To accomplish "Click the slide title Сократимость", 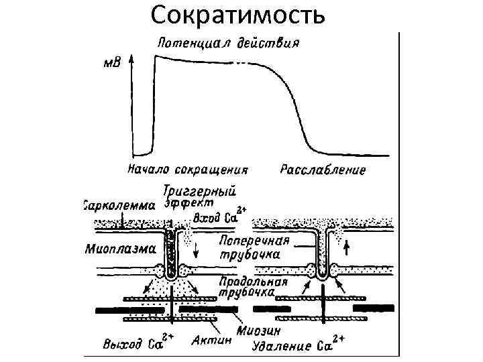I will tap(239, 15).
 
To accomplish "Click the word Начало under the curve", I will tap(149, 169).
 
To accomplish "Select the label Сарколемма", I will tap(119, 204).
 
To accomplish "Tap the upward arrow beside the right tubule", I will tap(347, 249).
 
